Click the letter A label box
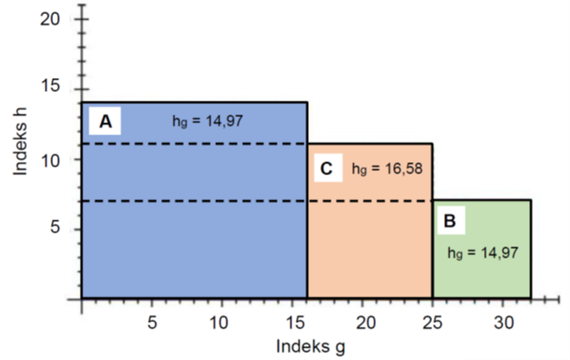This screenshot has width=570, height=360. click(x=106, y=122)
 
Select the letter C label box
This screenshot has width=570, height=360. click(x=326, y=168)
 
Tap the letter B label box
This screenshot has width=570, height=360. click(x=449, y=222)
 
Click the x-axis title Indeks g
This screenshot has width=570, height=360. click(x=311, y=345)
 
